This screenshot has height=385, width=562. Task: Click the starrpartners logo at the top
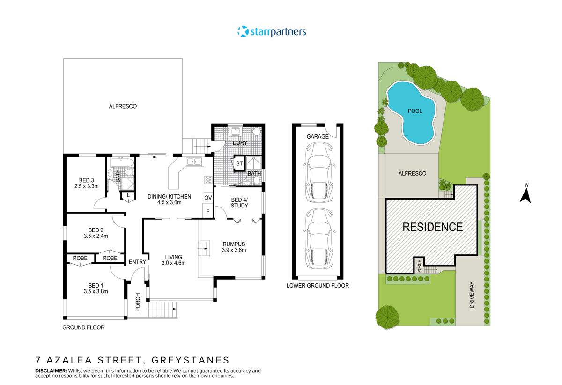(272, 32)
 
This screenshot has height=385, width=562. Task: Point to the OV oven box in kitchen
(208, 198)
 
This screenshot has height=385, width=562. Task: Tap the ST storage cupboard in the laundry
(239, 163)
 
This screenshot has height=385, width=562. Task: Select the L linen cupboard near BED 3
(128, 195)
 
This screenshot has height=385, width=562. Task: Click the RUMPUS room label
(233, 244)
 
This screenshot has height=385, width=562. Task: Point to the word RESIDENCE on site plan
(432, 227)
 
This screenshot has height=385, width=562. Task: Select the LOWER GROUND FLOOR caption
(318, 285)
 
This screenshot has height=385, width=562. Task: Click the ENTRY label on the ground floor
(137, 262)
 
